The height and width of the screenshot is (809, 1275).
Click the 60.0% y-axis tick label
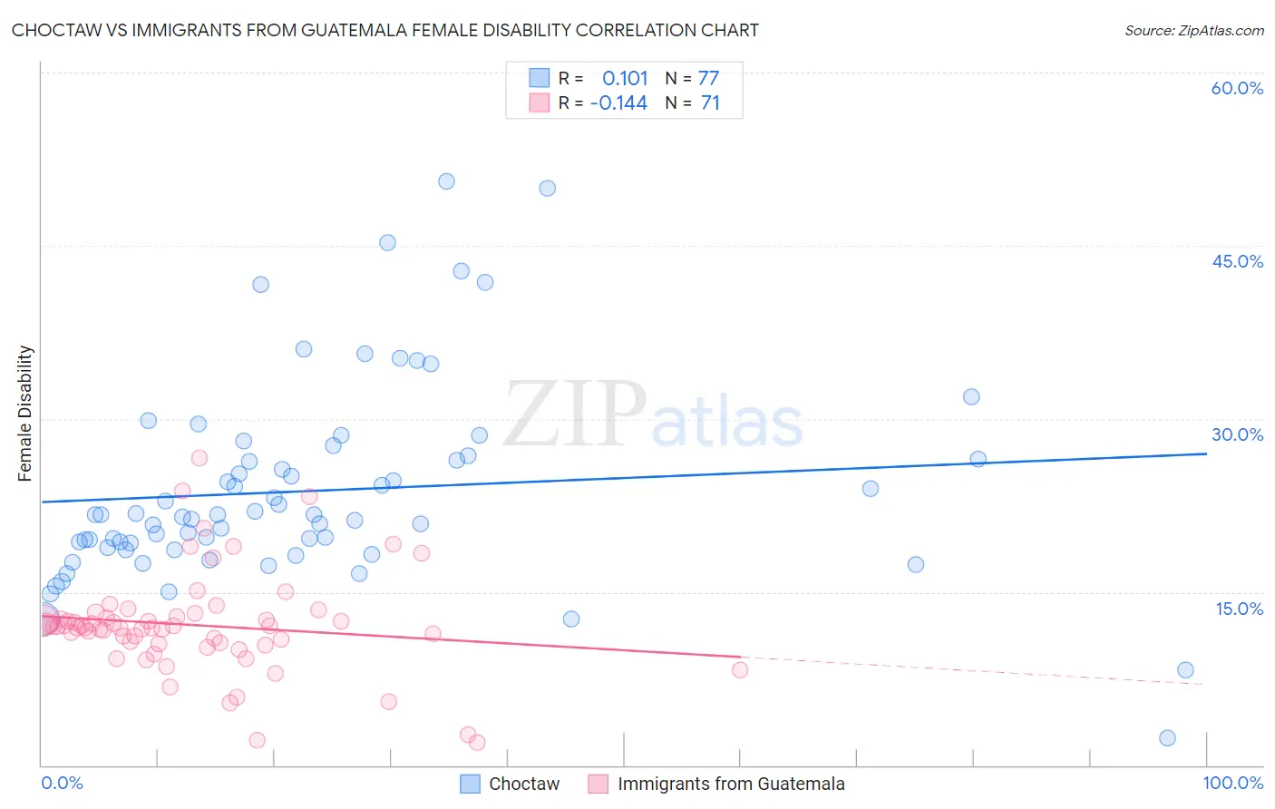pos(1237,88)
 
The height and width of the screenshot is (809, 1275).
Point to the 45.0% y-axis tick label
pos(1237,261)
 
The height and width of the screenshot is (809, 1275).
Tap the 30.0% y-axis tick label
pos(1237,434)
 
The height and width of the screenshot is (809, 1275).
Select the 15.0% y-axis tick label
pos(1239,609)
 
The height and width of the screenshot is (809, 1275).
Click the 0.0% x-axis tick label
pos(62,783)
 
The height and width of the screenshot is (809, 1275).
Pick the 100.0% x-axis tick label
pos(1232,783)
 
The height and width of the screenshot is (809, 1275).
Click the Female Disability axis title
pos(24,414)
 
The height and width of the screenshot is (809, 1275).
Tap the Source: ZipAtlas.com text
pos(1193,30)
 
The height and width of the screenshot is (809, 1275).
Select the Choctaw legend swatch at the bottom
pos(470,784)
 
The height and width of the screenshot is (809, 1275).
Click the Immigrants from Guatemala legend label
pos(731,784)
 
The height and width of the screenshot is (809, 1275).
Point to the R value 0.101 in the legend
pos(625,78)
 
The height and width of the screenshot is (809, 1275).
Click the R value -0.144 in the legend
pos(618,102)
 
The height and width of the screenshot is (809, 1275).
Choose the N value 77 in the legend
pos(708,78)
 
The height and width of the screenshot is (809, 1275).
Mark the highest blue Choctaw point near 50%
pos(446,181)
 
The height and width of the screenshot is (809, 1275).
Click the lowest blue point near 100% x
pos(1167,738)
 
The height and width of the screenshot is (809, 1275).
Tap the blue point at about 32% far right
pos(971,396)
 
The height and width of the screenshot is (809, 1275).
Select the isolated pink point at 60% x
pos(740,670)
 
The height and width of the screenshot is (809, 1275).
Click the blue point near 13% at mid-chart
pos(571,619)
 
